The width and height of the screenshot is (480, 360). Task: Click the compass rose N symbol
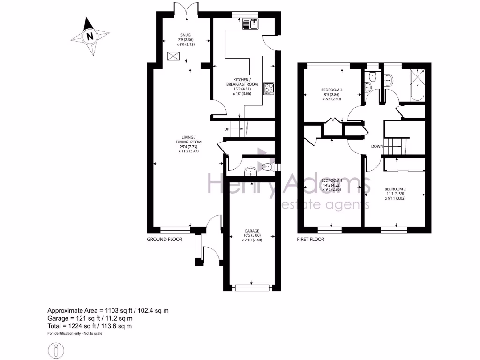click(90, 36)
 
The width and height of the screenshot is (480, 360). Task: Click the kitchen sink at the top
click(251, 23)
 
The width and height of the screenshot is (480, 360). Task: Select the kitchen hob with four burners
click(269, 88)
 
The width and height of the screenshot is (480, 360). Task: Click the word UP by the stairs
click(227, 129)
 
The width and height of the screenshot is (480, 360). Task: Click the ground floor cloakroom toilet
click(267, 166)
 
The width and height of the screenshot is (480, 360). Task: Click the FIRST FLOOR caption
click(311, 239)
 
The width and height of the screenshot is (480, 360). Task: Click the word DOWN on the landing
click(378, 146)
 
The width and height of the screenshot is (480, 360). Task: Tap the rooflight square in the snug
click(173, 57)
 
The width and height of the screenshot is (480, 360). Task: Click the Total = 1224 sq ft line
click(90, 326)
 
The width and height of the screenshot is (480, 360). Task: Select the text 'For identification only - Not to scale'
click(75, 334)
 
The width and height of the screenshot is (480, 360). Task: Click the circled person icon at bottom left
click(56, 350)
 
